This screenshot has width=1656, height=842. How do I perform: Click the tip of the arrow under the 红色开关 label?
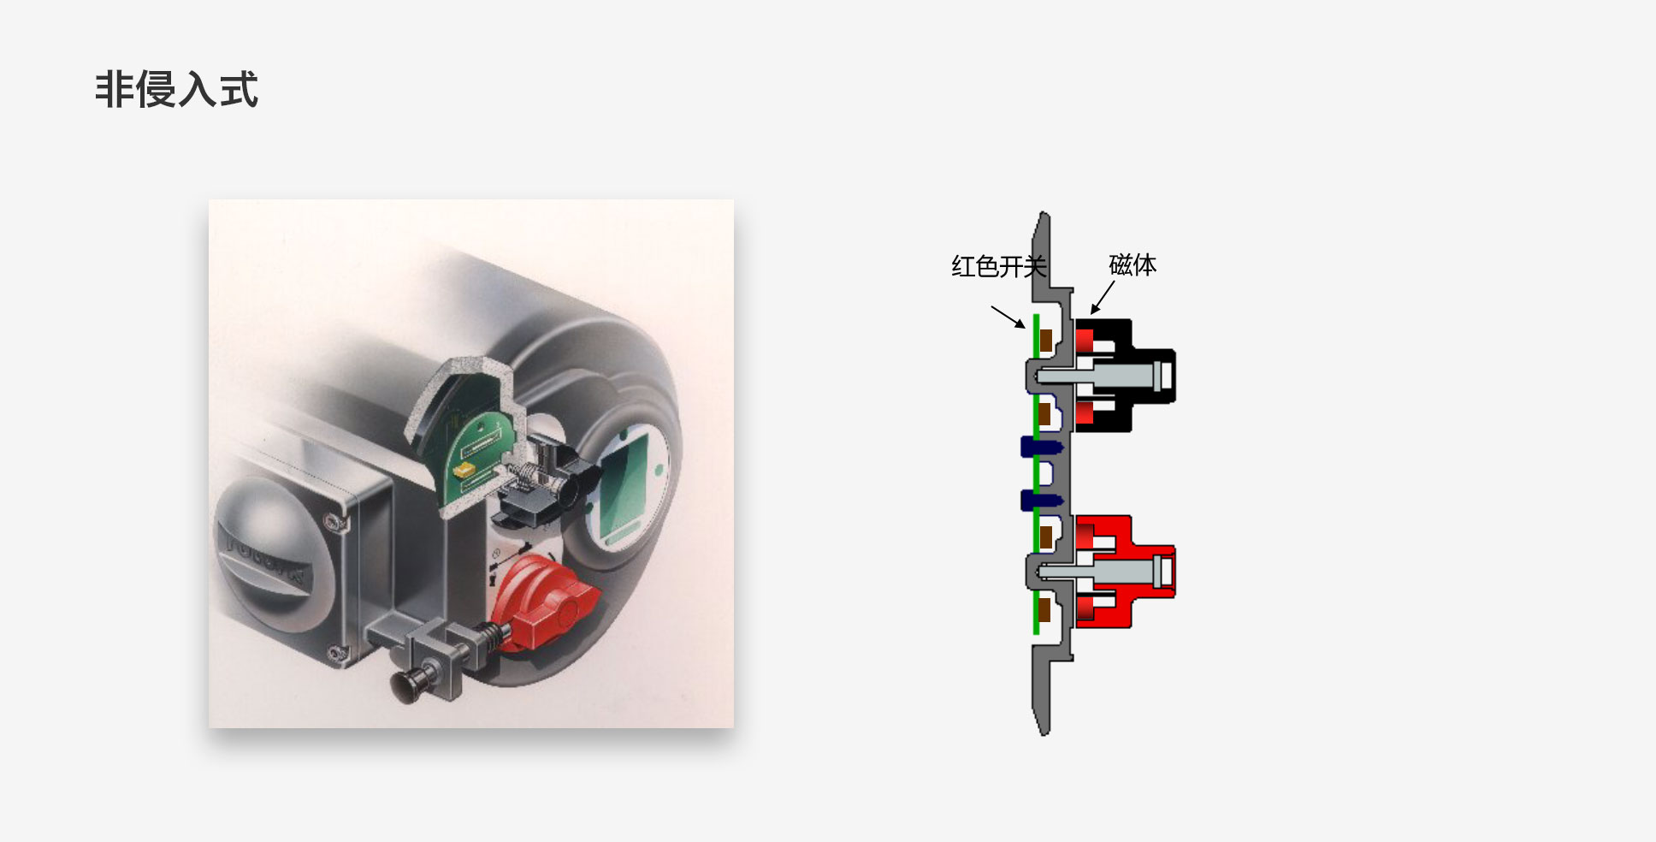click(1025, 328)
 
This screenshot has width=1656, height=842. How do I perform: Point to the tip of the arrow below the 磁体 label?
click(1091, 314)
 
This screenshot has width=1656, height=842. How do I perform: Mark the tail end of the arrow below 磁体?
click(1115, 281)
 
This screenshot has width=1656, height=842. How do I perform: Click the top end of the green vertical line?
click(1036, 314)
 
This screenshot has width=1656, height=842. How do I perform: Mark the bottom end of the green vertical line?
click(1036, 634)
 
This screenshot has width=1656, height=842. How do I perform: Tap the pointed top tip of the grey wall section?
click(1043, 212)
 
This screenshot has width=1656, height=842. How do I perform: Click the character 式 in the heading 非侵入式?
click(239, 90)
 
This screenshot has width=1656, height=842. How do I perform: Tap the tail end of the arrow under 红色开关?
click(992, 306)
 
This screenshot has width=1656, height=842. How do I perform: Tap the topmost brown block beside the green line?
click(1045, 340)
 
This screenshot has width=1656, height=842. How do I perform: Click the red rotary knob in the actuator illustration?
click(542, 603)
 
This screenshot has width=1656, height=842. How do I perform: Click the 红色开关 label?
click(999, 267)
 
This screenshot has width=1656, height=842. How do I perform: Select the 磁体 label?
click(1133, 265)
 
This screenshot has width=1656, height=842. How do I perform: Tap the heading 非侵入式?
click(176, 90)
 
